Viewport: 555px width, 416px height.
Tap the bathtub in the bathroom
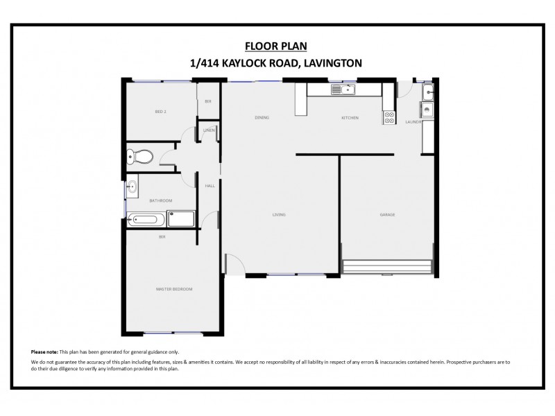(145, 220)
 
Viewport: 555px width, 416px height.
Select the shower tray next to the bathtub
(181, 220)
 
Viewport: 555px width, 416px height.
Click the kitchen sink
(342, 89)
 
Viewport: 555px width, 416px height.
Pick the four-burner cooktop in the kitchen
(389, 118)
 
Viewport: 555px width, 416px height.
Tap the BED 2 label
(160, 111)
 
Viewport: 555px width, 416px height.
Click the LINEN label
(209, 130)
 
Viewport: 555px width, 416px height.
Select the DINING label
(262, 118)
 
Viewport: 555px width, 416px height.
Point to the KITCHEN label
(350, 118)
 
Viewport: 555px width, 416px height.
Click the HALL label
(210, 186)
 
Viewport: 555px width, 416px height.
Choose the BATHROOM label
(161, 200)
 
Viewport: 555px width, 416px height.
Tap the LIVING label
(279, 214)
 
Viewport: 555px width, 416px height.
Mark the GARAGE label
(387, 214)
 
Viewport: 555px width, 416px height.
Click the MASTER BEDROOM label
(174, 288)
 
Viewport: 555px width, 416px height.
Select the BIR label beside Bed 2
(207, 101)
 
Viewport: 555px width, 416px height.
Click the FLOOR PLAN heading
(276, 46)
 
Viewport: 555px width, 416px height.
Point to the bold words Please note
(44, 352)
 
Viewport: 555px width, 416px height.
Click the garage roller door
(387, 267)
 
